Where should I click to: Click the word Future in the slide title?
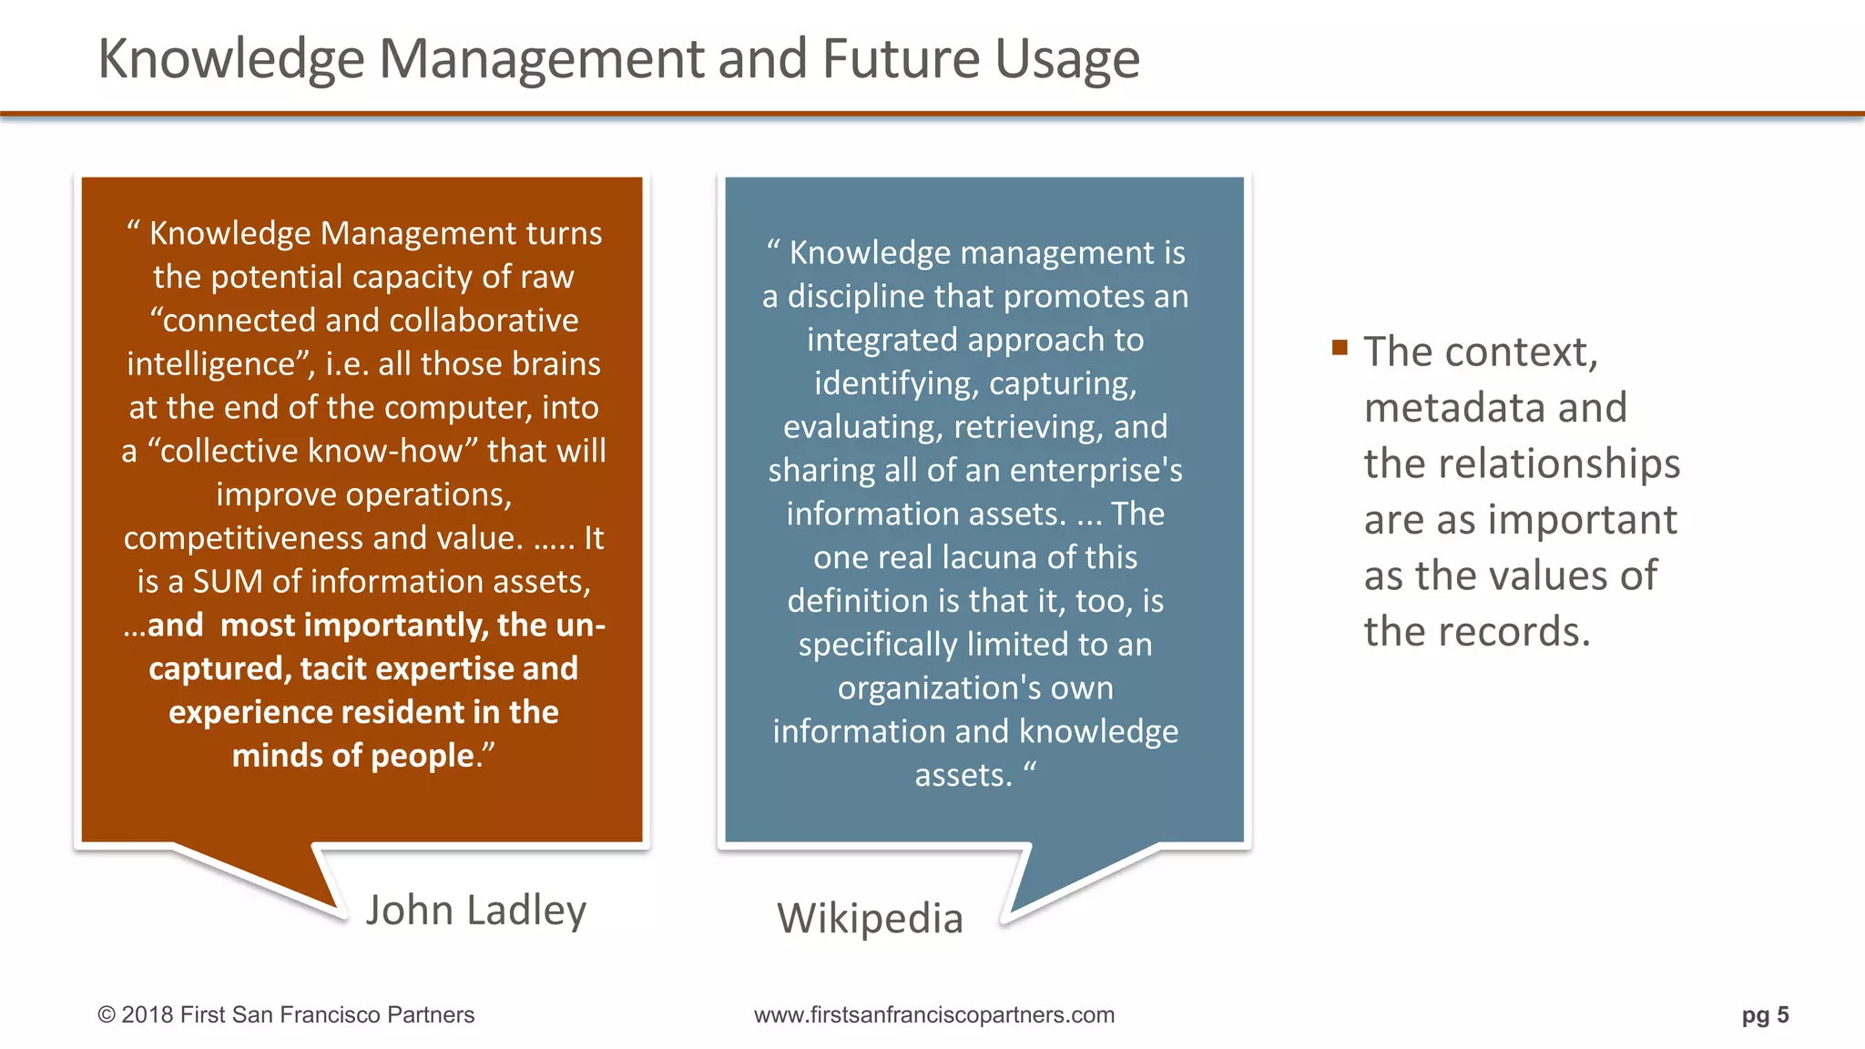[x=901, y=59]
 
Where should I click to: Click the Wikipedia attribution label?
[x=870, y=918]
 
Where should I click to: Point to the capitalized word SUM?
[x=228, y=581]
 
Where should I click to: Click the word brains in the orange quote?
[x=556, y=363]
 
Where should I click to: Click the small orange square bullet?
[x=1339, y=347]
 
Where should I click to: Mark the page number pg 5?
[x=1765, y=1014]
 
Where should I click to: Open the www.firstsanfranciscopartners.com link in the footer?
[x=933, y=1014]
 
